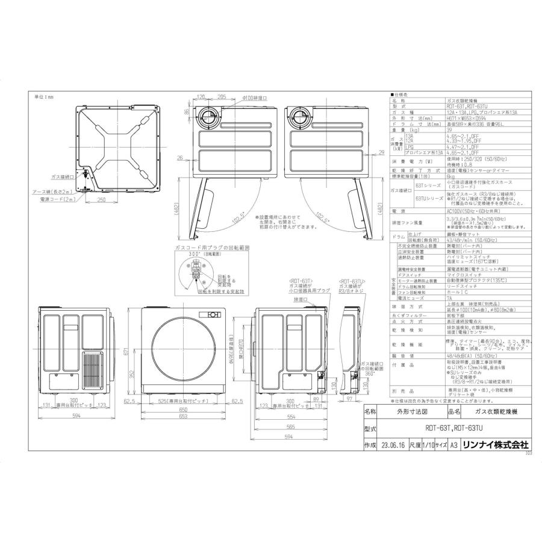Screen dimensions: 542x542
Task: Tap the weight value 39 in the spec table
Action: tap(449, 129)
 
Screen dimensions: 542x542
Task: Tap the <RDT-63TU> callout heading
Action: tap(353, 282)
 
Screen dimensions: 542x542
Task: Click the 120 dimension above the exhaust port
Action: tap(202, 96)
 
